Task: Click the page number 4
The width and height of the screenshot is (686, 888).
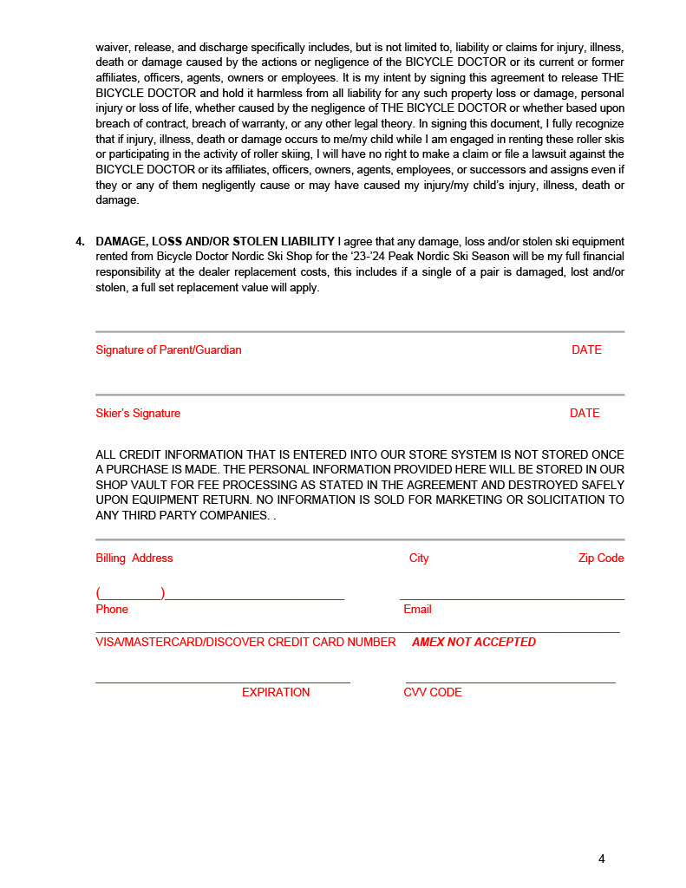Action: pos(601,859)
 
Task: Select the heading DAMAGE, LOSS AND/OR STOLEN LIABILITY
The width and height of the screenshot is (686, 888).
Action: pos(215,241)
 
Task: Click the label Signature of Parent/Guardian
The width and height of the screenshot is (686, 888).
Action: pos(168,350)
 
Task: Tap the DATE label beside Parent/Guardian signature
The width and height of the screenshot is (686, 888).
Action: pos(586,350)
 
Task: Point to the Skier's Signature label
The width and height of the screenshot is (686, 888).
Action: pos(138,414)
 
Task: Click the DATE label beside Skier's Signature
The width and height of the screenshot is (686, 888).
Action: pos(585,414)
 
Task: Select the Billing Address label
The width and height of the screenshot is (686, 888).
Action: pos(134,558)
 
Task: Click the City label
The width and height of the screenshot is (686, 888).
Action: pos(419,558)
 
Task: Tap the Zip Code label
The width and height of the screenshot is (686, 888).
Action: pos(601,558)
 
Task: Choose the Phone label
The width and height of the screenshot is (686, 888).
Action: pos(112,610)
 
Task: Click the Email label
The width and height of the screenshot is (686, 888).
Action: pos(417,610)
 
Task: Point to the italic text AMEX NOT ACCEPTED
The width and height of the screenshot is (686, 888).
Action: pos(474,643)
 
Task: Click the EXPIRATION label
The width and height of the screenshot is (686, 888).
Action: pos(276,693)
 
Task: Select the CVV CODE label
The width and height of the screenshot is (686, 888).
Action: pos(433,693)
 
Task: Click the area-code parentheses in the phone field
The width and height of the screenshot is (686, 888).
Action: pos(131,594)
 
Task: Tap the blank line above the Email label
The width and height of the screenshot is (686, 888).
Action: pos(512,598)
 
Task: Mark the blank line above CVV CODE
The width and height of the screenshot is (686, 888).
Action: pos(510,682)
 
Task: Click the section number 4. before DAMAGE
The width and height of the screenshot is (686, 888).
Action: pos(81,241)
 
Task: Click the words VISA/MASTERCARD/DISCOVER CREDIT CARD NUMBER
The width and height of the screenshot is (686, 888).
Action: pos(245,643)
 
